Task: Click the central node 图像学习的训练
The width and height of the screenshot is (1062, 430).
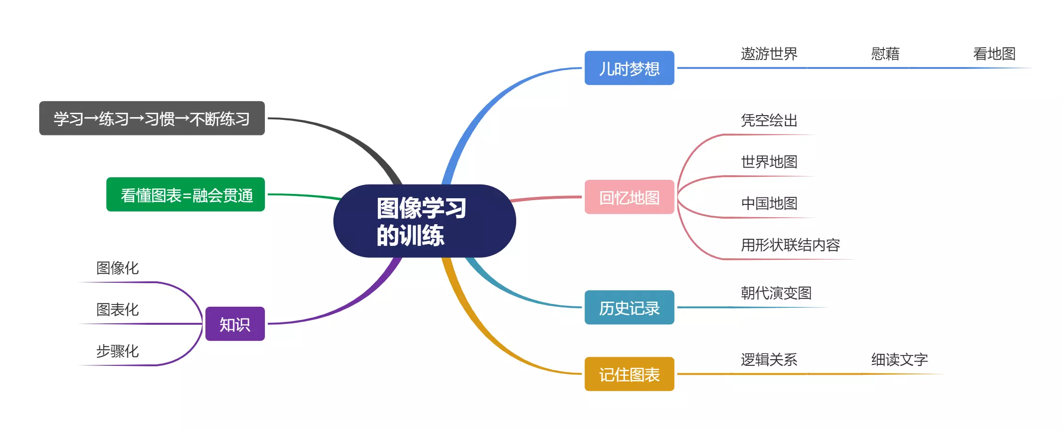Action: pos(424,221)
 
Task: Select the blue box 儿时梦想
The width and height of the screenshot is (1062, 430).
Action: pos(629,68)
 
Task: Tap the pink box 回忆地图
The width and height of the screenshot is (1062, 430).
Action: pos(629,197)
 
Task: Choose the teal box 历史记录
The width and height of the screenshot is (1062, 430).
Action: pos(629,308)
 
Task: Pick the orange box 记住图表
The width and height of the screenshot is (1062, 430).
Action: pos(629,374)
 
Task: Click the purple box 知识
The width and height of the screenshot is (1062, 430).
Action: pos(235,324)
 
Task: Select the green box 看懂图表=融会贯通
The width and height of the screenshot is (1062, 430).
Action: pos(186,194)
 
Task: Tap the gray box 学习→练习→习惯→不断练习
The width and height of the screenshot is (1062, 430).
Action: pos(152,118)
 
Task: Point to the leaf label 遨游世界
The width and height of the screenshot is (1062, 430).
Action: pos(769,54)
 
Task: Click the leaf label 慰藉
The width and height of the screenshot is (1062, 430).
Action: pos(885,54)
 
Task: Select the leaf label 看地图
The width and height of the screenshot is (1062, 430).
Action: pos(994,54)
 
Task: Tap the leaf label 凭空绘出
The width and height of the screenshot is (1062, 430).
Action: pos(769,120)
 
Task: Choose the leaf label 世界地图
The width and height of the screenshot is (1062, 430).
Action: pos(769,162)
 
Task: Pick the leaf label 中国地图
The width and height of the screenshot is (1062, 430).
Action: pos(769,203)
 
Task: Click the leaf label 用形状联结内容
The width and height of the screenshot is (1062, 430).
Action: pos(790,245)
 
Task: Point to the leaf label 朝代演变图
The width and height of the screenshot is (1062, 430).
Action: pos(776,293)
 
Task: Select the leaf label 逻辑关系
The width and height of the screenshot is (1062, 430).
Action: pos(769,360)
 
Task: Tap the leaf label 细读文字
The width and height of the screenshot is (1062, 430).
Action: pos(899,360)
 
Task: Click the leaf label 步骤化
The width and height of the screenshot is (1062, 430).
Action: pos(117,351)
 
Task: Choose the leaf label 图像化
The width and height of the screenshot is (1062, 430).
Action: pos(117,268)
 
